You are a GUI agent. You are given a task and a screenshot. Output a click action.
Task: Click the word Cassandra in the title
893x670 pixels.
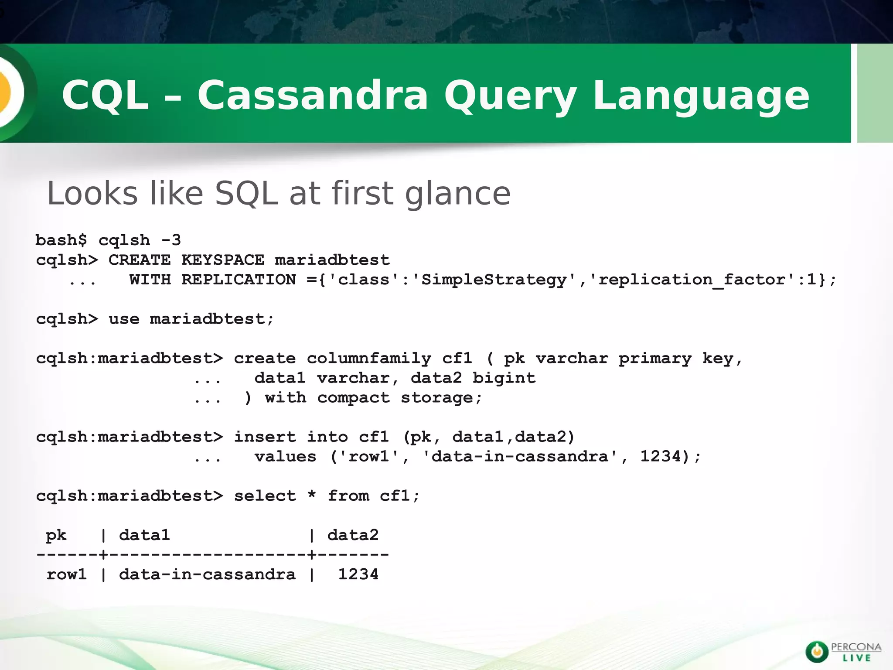click(313, 95)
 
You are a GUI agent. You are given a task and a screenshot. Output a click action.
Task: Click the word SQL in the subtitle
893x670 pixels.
click(246, 193)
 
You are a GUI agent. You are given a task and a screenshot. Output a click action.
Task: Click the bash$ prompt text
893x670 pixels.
click(61, 240)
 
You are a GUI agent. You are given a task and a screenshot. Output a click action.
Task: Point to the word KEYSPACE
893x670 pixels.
click(223, 260)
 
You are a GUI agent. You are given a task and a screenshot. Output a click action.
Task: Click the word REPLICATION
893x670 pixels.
click(239, 280)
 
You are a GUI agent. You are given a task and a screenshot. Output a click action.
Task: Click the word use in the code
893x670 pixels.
click(124, 319)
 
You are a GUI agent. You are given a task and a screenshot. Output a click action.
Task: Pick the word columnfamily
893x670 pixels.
click(368, 359)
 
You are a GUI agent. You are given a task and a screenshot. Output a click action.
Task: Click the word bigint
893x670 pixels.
click(504, 378)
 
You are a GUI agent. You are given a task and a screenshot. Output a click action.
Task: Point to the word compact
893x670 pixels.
click(353, 398)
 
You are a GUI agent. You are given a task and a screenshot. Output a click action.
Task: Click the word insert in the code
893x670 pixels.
click(265, 437)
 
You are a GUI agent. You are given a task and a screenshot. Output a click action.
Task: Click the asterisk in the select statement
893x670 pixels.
click(311, 496)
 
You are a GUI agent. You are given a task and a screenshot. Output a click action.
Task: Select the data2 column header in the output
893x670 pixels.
click(353, 535)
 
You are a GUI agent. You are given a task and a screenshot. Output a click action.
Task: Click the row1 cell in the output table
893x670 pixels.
click(67, 574)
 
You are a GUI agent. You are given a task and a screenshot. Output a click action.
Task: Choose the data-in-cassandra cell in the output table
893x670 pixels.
click(207, 574)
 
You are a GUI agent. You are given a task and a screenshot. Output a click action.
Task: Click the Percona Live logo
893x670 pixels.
click(842, 652)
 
